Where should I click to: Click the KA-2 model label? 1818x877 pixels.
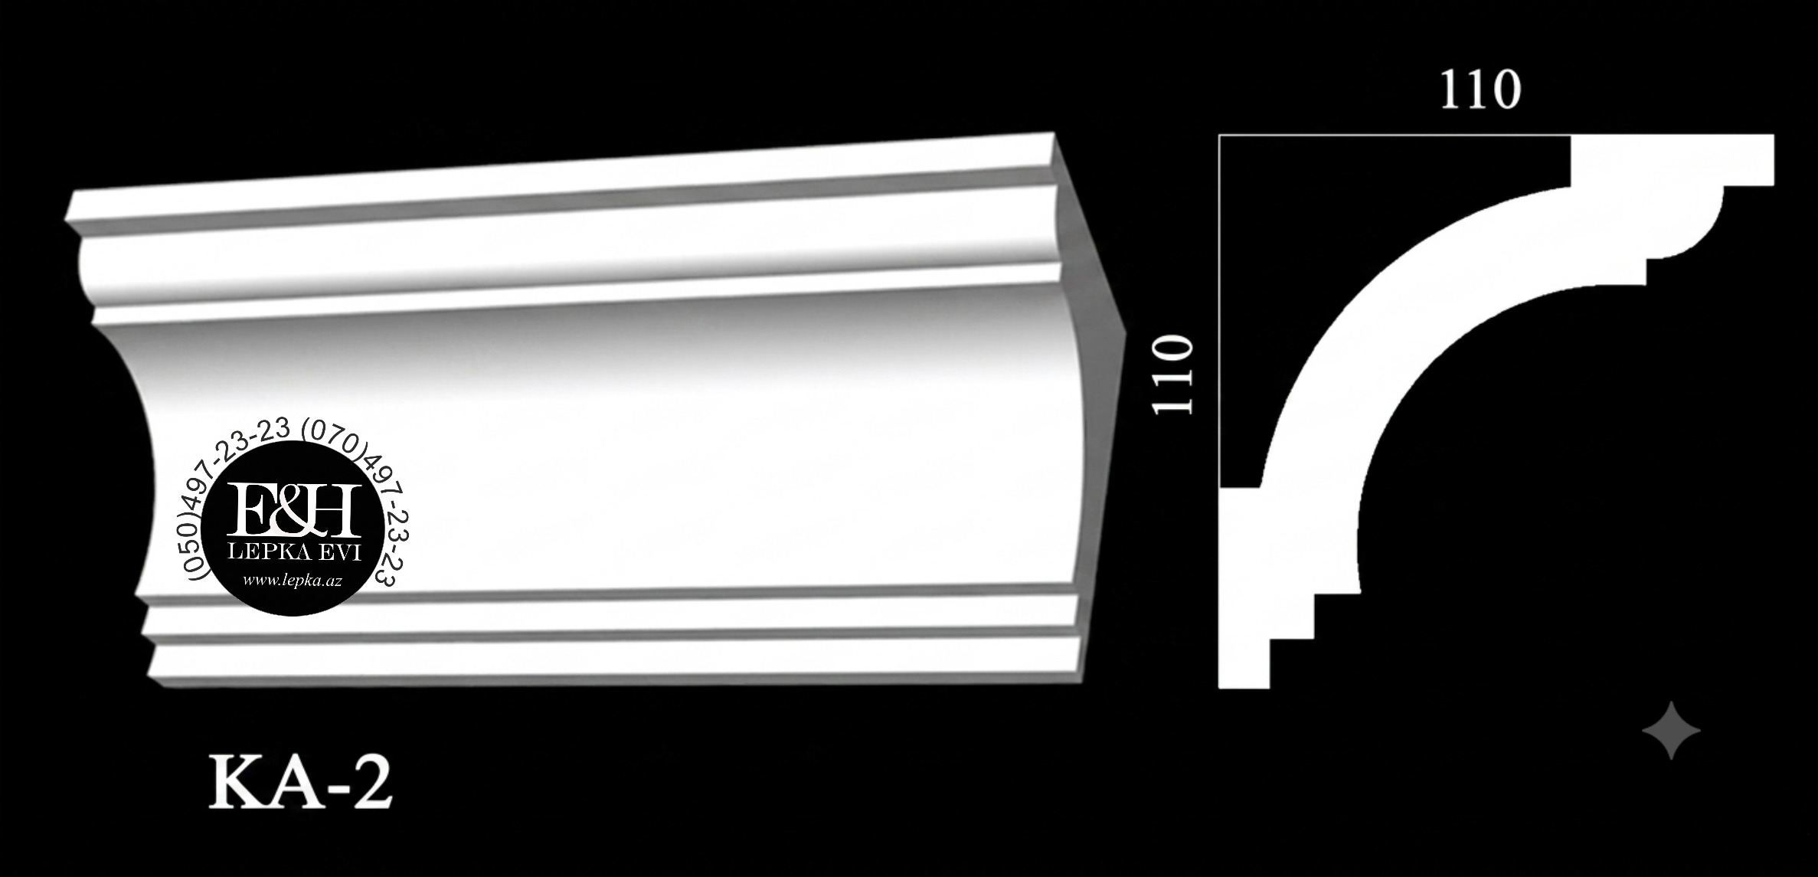301,783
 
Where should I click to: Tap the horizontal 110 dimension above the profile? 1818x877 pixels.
1480,90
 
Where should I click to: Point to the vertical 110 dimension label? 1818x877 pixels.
1172,375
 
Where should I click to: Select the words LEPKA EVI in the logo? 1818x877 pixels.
294,553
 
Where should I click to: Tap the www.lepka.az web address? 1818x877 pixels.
292,581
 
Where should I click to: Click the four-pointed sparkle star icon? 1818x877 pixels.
1671,730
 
